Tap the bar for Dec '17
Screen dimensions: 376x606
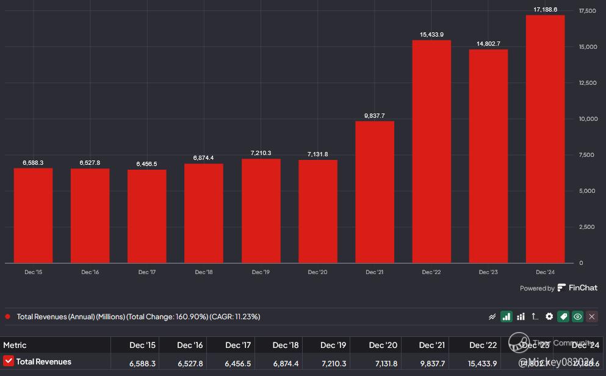[147, 216]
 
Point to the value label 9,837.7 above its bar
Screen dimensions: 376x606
[375, 115]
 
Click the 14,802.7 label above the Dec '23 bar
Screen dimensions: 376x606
[488, 43]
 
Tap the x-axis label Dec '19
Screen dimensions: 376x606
[261, 272]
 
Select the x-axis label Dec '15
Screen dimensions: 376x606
[34, 272]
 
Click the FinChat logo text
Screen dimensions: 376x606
[583, 287]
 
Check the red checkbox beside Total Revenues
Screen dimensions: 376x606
[9, 361]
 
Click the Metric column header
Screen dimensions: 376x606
[15, 345]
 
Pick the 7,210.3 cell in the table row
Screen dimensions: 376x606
[334, 363]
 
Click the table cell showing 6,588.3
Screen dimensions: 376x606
[142, 363]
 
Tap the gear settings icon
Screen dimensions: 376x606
[549, 316]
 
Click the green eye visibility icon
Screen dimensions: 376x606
[577, 316]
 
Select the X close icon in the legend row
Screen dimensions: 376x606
[592, 316]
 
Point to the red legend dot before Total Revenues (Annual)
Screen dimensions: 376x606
[7, 316]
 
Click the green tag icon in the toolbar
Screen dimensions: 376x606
[563, 316]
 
